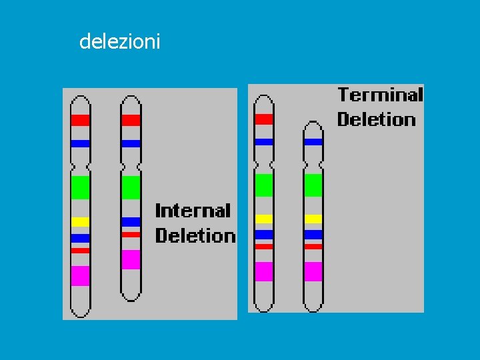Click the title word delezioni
119,42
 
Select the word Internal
193,211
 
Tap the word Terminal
380,95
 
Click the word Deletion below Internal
195,235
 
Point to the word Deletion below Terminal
376,119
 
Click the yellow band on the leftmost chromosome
81,222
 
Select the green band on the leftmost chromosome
81,187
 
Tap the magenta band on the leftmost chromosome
81,275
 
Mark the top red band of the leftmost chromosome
81,120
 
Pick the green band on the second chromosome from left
131,187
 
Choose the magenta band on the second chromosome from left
131,259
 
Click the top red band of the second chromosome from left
131,120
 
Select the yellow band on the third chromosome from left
264,219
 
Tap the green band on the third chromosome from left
264,185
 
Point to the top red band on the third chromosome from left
264,119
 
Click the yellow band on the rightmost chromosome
313,219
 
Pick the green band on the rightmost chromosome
313,185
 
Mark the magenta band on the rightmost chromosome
313,271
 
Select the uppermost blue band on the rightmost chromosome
313,141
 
